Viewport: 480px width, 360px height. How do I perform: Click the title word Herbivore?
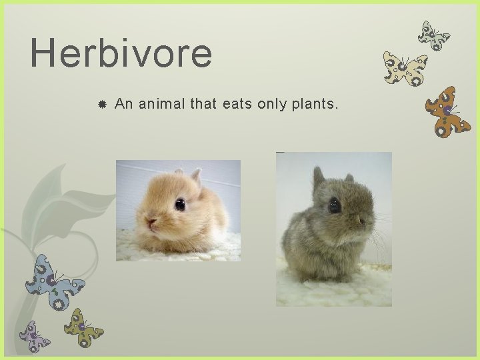click(x=121, y=53)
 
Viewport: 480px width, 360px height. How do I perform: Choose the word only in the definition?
click(x=274, y=104)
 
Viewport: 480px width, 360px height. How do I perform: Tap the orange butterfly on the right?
click(x=447, y=111)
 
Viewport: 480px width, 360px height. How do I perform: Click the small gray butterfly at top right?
click(x=433, y=35)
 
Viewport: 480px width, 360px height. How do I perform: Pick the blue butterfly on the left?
click(x=53, y=280)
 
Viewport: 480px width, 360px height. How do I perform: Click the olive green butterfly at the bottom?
click(x=83, y=326)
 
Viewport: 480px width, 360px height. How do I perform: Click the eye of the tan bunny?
click(x=180, y=205)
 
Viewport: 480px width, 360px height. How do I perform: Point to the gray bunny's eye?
click(x=335, y=205)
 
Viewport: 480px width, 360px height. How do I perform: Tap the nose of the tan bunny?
click(x=151, y=222)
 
